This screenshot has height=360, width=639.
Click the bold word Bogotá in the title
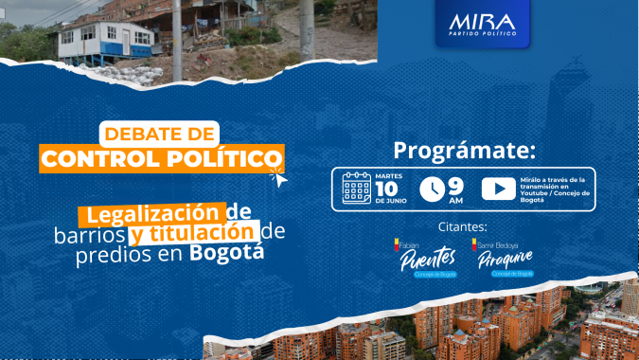226,253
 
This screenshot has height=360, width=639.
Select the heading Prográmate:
464,151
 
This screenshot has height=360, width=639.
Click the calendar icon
356,188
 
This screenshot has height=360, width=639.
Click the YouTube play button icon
498,189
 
